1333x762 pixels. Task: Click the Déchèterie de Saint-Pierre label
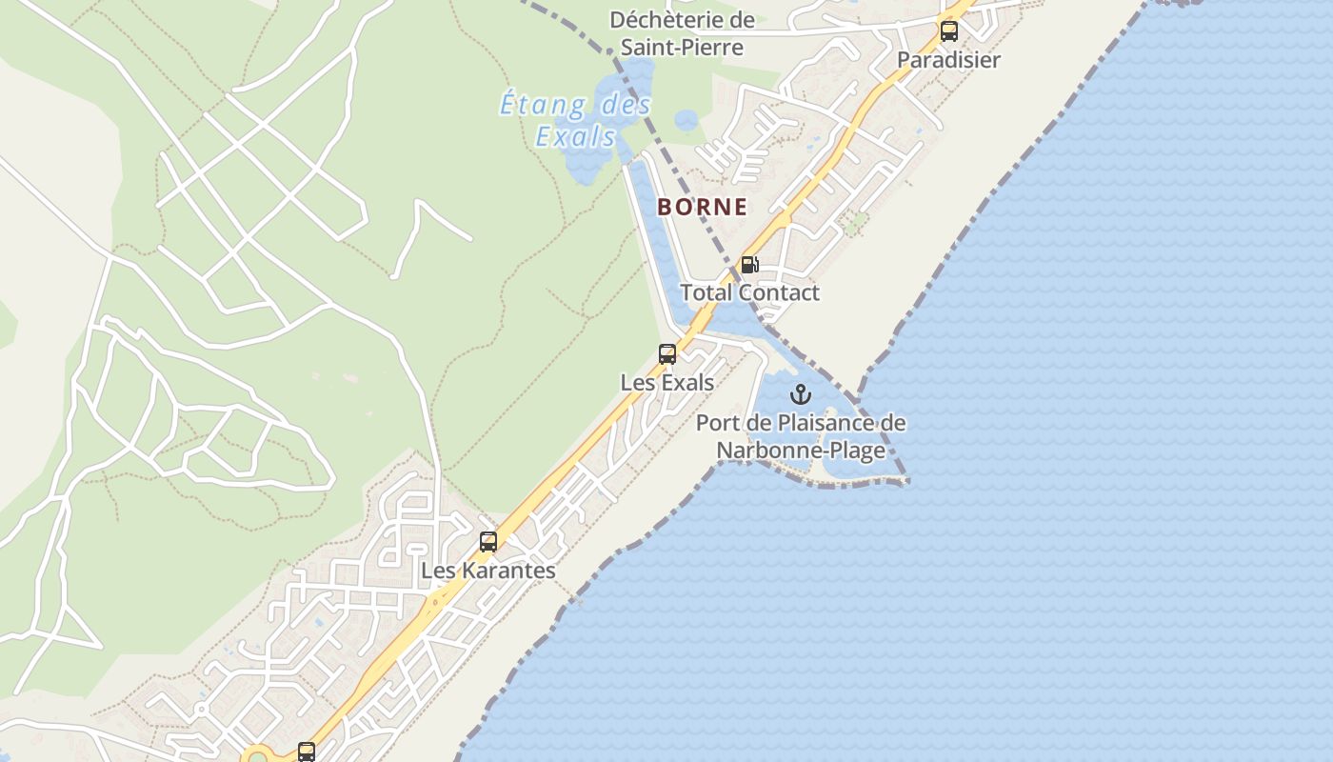682,32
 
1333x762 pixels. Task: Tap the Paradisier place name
948,60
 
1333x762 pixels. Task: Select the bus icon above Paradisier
949,30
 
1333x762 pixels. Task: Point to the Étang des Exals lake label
576,119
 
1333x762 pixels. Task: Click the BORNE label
702,207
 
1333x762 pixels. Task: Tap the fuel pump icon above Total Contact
749,265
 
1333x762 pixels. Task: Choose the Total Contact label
749,292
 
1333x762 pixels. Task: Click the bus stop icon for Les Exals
667,354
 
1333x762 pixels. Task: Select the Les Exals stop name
667,383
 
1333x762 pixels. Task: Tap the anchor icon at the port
801,394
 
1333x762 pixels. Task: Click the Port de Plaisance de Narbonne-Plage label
801,436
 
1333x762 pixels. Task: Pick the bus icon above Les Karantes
488,542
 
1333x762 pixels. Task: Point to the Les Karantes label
488,571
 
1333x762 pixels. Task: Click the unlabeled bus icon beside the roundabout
306,752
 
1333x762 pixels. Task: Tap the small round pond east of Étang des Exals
686,120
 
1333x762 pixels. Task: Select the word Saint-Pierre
682,46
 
